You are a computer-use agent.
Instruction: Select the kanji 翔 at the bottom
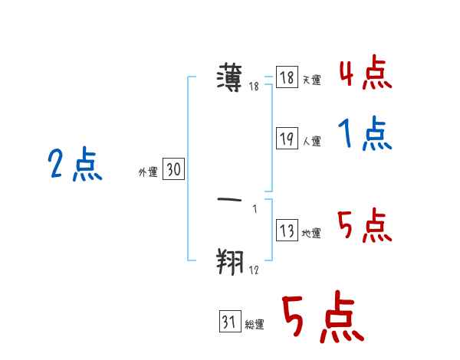231,261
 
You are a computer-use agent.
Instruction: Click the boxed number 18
287,77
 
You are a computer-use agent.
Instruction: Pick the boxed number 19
287,139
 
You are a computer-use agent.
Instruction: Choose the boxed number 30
173,170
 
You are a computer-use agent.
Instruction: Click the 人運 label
311,142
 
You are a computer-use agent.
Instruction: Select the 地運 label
311,234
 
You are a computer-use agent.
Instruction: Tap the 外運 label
148,172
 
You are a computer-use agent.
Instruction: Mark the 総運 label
255,325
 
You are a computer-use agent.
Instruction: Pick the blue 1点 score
365,136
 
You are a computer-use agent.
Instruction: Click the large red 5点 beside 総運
321,319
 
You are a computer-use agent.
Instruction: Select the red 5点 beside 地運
365,226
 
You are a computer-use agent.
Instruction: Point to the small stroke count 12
254,270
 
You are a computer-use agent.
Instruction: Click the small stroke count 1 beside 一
255,209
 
